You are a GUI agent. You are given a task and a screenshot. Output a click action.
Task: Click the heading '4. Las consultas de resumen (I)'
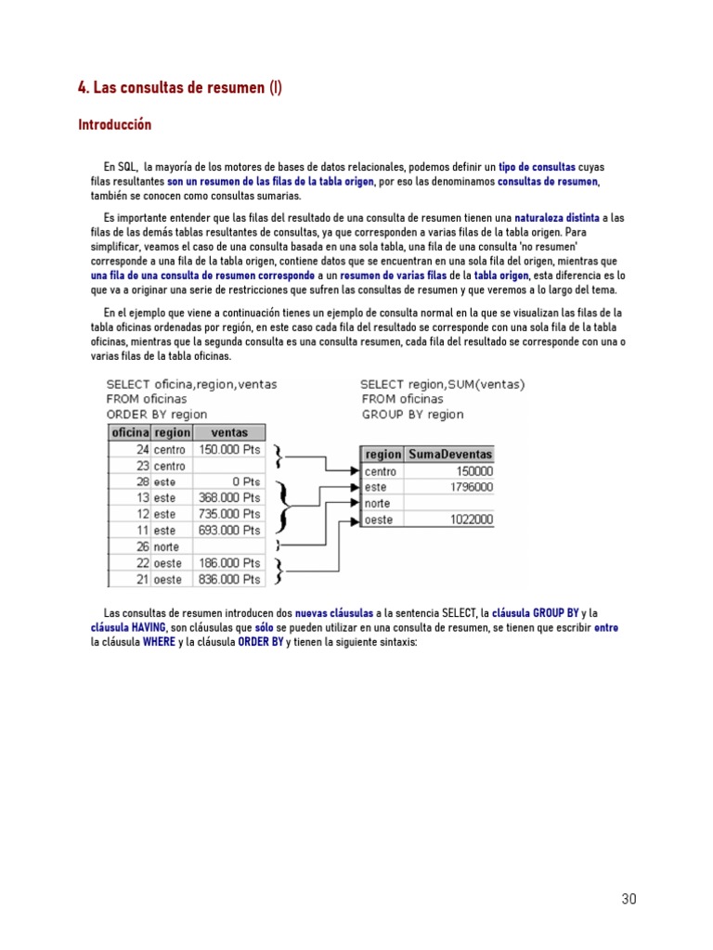point(179,88)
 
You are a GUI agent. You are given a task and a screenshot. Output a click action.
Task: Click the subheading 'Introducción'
point(114,124)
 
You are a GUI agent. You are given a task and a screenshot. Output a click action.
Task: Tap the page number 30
point(629,899)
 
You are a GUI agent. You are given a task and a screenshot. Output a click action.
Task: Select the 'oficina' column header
point(130,432)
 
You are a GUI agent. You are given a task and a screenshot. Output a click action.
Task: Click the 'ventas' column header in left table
point(229,432)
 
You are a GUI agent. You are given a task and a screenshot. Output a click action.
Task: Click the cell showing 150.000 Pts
point(229,449)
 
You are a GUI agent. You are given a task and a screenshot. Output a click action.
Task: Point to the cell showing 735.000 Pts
point(229,514)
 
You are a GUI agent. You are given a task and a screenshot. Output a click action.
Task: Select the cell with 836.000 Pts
point(229,579)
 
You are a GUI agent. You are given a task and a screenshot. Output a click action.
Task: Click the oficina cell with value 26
point(143,546)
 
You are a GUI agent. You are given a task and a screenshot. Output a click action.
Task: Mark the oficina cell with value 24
point(143,449)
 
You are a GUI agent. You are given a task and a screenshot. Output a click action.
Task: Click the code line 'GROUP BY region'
point(412,415)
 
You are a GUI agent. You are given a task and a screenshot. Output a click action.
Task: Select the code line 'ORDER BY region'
point(157,415)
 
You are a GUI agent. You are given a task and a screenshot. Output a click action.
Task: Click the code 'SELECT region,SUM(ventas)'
point(442,384)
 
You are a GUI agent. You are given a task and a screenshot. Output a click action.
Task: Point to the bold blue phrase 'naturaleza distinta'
point(557,217)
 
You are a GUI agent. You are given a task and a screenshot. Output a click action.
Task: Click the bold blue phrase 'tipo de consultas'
point(537,166)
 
